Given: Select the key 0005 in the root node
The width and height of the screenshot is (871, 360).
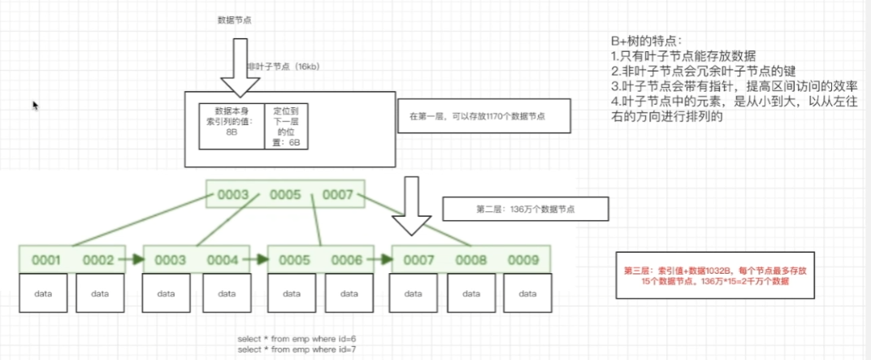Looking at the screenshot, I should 285,196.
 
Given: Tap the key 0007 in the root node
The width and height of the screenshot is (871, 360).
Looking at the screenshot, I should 338,196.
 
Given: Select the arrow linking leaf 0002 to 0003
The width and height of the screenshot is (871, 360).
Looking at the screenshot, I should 135,259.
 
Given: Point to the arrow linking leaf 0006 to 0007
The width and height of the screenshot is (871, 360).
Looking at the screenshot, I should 383,259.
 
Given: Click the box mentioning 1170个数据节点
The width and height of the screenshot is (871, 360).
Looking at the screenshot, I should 483,117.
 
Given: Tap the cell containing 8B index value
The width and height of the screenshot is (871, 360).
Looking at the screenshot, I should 232,125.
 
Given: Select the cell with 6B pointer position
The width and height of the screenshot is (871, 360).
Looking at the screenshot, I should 288,125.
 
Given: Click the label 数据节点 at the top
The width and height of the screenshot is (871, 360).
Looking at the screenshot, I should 235,19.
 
